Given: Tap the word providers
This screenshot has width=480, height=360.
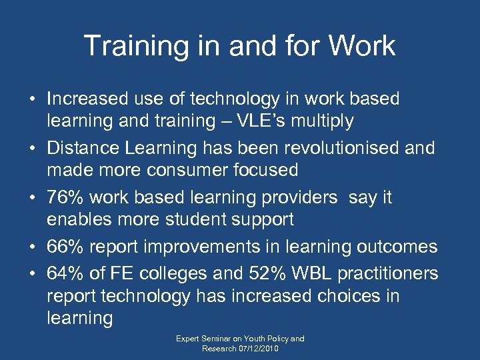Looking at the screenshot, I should point(295,198).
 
